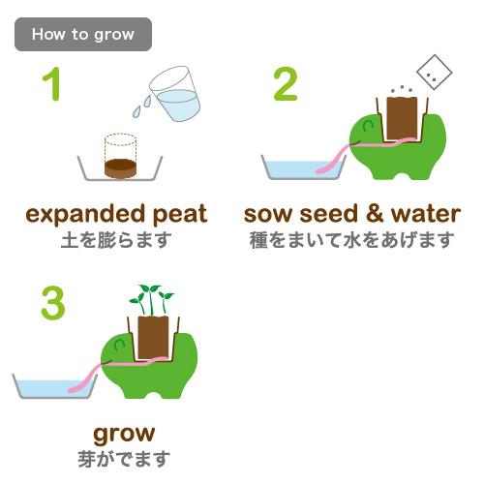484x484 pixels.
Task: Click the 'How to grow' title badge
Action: pos(83,34)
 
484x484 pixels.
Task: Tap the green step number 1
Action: pos(52,84)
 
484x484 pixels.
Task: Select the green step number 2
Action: pos(286,84)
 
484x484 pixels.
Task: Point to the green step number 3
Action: pos(53,303)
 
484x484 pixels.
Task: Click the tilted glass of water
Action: pos(175,94)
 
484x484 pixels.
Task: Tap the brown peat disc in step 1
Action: pos(120,168)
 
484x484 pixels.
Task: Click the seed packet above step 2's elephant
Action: pos(435,73)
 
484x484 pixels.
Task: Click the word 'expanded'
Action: pos(85,214)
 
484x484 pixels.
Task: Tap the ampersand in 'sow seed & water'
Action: pos(375,214)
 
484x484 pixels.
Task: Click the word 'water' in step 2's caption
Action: pos(426,214)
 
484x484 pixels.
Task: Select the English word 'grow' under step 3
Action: pos(124,435)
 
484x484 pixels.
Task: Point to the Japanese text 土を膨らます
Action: pos(116,240)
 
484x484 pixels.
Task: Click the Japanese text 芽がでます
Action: pos(124,459)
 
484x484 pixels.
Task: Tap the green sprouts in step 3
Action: pos(151,300)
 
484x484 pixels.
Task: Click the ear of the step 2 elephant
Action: pos(368,125)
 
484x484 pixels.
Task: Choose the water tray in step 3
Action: pos(55,386)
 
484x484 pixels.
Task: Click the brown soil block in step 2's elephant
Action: pos(402,118)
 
